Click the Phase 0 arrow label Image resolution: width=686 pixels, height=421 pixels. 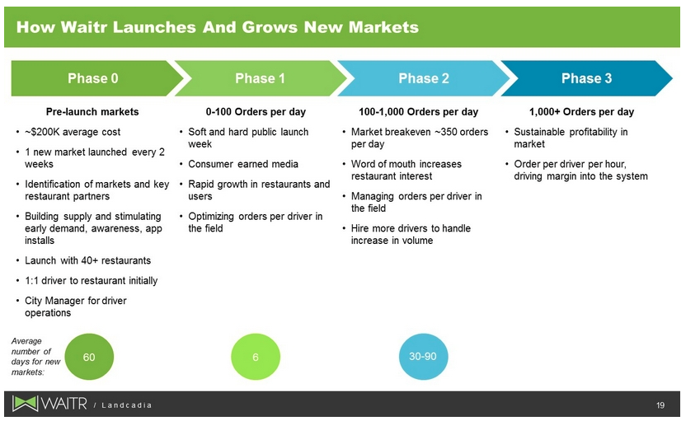tap(92, 78)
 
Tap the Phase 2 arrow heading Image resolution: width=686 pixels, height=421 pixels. tap(424, 78)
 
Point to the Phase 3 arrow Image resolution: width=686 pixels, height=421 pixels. tap(586, 78)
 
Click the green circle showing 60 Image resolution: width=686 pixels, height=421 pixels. tap(89, 357)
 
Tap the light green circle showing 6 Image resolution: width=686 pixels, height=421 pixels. tap(256, 357)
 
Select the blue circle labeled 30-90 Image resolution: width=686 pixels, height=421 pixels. tap(423, 357)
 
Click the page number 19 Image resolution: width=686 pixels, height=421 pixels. tap(660, 405)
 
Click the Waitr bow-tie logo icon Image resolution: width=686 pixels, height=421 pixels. tap(25, 404)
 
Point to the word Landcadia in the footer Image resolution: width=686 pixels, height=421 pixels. tap(126, 405)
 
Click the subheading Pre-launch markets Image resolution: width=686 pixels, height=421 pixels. tap(92, 112)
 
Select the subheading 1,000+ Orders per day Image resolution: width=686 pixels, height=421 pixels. tap(581, 112)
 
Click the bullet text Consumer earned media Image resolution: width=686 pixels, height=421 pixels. tap(243, 164)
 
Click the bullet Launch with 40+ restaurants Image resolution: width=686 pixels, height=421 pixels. tap(88, 260)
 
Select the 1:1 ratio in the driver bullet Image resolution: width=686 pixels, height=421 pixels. tap(31, 281)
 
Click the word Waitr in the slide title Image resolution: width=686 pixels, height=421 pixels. tap(84, 27)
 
